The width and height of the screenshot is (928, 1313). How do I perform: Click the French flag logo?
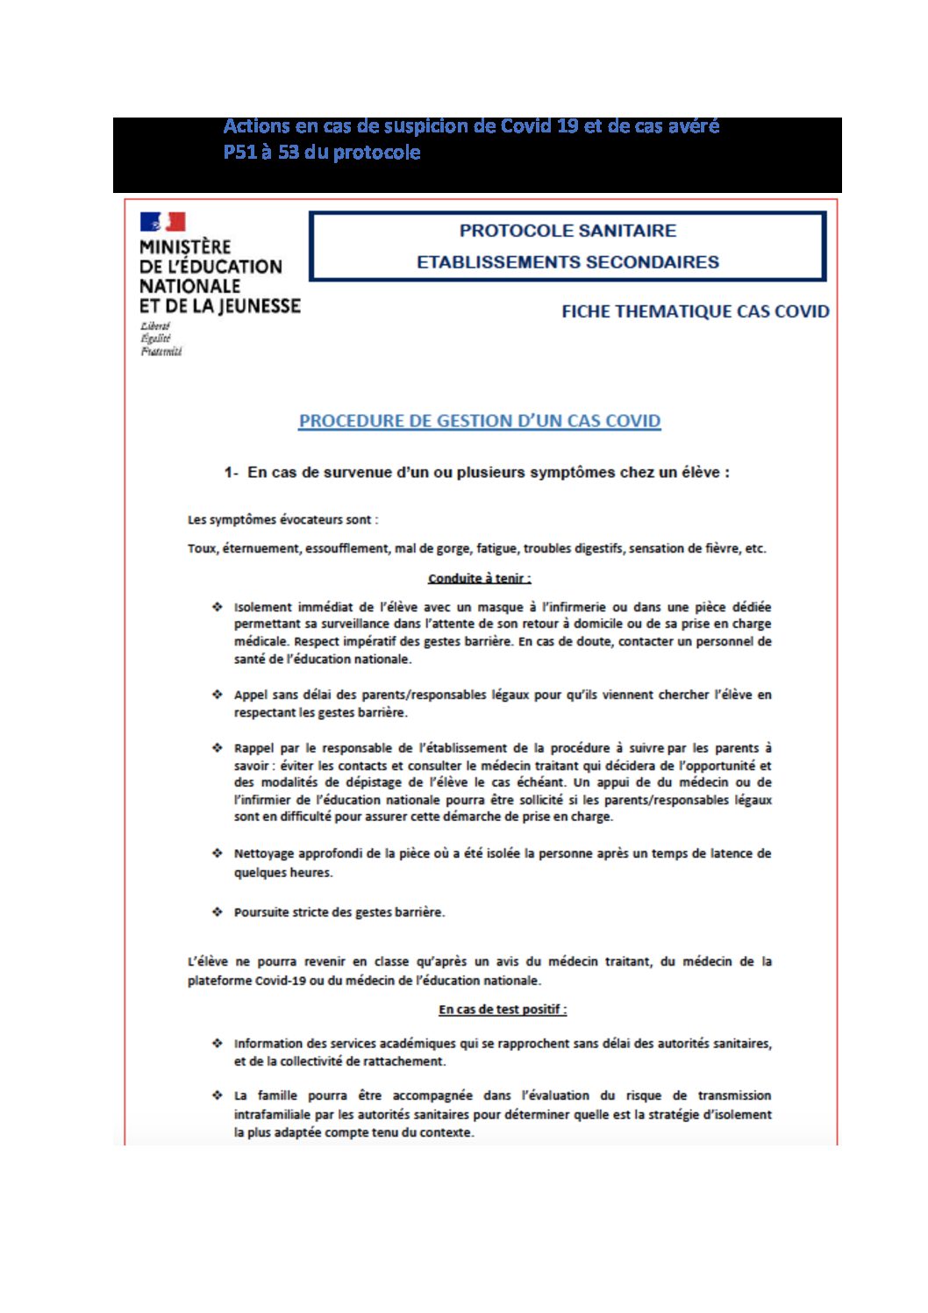162,222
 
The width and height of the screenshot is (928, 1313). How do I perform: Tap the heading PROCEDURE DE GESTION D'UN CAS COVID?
479,421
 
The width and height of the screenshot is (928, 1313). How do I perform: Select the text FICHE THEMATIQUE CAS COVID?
695,311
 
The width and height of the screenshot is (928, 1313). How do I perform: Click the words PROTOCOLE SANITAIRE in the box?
568,231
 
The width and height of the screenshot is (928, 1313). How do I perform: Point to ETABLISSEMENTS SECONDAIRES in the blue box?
568,262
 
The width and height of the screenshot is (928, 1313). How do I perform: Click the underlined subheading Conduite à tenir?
479,578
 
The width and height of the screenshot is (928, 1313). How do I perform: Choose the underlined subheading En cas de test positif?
503,1010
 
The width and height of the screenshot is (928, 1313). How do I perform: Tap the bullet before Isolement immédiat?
217,607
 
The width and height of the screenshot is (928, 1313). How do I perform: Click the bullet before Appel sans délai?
217,695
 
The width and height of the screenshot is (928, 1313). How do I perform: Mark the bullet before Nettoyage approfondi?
217,853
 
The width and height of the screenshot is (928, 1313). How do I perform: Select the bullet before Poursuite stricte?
217,912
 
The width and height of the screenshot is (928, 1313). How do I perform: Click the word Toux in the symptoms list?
201,549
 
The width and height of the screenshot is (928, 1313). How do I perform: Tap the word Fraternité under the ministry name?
161,352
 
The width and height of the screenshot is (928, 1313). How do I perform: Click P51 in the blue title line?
239,153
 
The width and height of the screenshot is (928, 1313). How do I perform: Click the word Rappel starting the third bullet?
253,748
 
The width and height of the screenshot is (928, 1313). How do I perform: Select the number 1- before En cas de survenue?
231,473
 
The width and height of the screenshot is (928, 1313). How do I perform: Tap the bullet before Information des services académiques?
217,1044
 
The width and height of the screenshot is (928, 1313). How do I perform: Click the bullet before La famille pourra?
217,1095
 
